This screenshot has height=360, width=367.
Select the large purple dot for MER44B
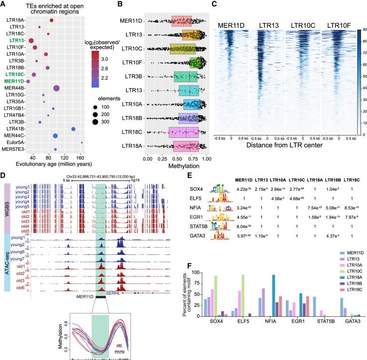tap(56, 88)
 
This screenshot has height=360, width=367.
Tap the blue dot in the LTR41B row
tap(74, 129)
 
